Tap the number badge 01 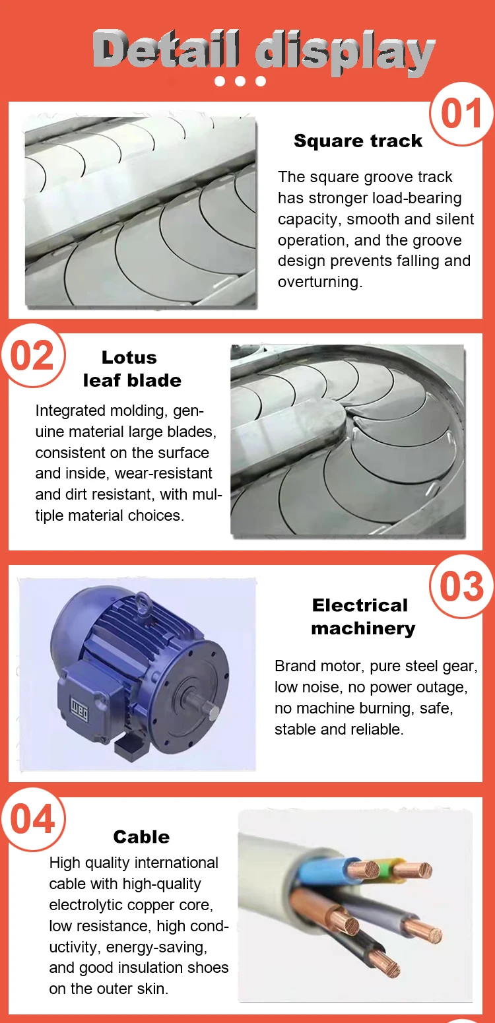[x=461, y=114]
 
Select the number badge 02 [x=32, y=356]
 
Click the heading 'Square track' [x=358, y=141]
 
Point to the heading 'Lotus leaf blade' [x=131, y=369]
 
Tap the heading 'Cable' [x=141, y=837]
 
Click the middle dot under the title [x=240, y=81]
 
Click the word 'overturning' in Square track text [x=319, y=282]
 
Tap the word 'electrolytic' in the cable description [x=83, y=904]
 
